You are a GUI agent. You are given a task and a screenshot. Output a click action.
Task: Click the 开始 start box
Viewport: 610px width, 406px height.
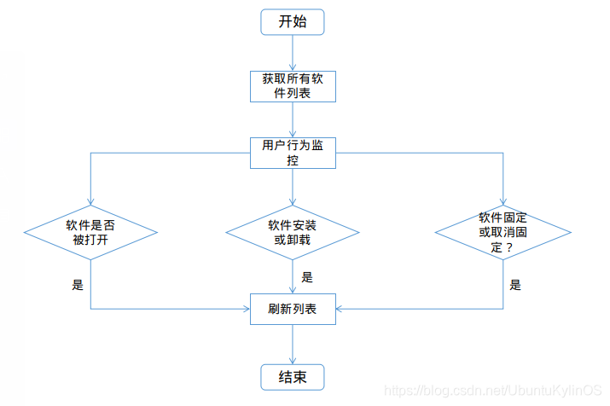pyautogui.click(x=293, y=22)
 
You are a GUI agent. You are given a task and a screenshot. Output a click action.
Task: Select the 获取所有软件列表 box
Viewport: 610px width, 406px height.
pyautogui.click(x=293, y=85)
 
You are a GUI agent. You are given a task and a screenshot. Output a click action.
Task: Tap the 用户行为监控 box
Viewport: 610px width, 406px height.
pyautogui.click(x=293, y=152)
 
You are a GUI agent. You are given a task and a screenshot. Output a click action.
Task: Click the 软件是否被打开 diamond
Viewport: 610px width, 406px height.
pyautogui.click(x=90, y=233)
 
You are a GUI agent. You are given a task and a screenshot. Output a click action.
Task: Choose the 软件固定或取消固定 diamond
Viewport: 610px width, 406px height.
pyautogui.click(x=503, y=233)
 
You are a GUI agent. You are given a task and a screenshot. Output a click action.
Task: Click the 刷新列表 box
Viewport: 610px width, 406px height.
pyautogui.click(x=293, y=308)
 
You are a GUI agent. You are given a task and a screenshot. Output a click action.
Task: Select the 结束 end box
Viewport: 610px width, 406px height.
pyautogui.click(x=293, y=375)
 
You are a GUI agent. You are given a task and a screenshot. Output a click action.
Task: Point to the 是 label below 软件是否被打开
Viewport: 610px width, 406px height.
pyautogui.click(x=78, y=285)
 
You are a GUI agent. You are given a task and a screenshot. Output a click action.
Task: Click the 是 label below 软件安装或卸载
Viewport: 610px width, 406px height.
pyautogui.click(x=307, y=276)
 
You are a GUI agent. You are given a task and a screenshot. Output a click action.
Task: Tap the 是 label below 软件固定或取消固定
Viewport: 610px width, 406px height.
pyautogui.click(x=515, y=285)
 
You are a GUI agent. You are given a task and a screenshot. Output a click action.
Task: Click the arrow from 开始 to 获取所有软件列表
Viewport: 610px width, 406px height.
pyautogui.click(x=293, y=53)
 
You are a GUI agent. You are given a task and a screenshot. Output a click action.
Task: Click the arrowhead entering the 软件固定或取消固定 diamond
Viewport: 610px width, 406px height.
pyautogui.click(x=503, y=200)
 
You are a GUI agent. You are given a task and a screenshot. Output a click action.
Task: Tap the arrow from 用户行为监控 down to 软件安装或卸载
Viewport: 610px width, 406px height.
pyautogui.click(x=293, y=186)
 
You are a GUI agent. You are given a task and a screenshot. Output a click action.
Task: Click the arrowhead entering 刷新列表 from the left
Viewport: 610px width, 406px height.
pyautogui.click(x=245, y=308)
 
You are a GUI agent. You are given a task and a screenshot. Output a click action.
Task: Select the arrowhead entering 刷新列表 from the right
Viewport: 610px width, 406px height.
pyautogui.click(x=340, y=308)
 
